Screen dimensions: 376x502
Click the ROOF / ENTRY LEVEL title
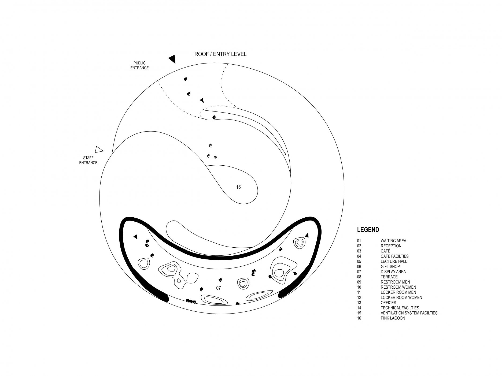[x=220, y=54]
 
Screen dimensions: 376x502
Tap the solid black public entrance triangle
[x=172, y=59]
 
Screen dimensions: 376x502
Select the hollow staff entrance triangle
[x=99, y=149]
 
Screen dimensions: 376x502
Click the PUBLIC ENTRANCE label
[x=139, y=66]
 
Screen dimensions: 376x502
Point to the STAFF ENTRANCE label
[x=88, y=160]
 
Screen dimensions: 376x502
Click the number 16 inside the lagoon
[x=238, y=187]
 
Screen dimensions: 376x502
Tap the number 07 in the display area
[x=218, y=288]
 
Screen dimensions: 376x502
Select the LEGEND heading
[x=368, y=230]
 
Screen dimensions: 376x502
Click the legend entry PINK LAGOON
[x=393, y=318]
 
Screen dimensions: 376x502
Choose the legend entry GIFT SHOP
[x=390, y=266]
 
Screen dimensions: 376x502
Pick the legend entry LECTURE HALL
[x=394, y=261]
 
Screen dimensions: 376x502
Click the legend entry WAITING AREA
[x=393, y=241]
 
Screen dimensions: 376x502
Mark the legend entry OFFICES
[x=388, y=303]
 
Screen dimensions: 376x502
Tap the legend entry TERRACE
[x=389, y=277]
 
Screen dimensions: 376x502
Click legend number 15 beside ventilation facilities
[x=359, y=313]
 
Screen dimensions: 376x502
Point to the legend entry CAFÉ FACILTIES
[x=394, y=256]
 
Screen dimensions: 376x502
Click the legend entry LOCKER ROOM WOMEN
[x=401, y=297]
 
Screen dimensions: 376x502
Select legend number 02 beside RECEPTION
[x=359, y=246]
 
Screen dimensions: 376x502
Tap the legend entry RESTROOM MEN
[x=395, y=282]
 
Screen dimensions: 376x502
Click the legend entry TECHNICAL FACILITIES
[x=400, y=308]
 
